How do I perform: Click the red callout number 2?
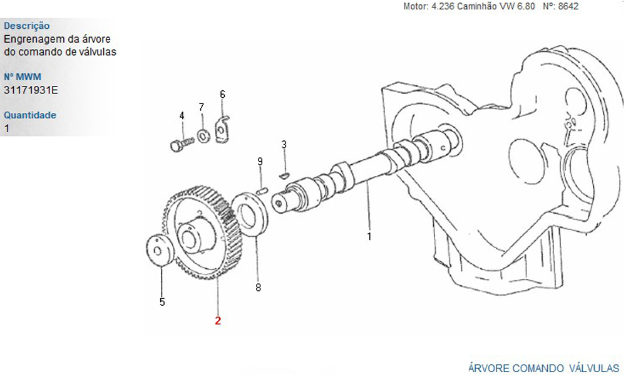point(218,320)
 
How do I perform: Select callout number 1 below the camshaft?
point(369,236)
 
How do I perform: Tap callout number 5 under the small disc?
point(162,302)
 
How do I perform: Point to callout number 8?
point(259,287)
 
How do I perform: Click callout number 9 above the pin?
point(260,162)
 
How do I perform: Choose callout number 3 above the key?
point(284,145)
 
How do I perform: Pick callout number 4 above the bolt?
point(182,116)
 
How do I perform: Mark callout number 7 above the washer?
point(201,107)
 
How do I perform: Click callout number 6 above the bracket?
point(222,94)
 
